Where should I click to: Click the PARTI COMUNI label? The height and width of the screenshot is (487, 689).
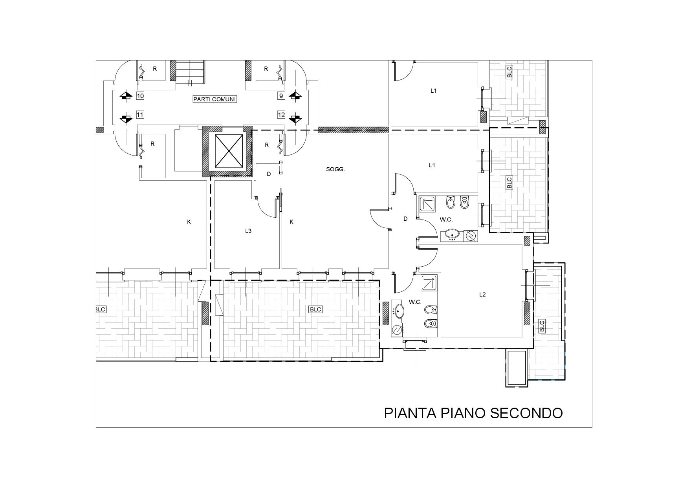(x=214, y=99)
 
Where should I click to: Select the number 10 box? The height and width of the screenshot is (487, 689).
(x=140, y=95)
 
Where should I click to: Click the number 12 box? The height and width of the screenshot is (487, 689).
(x=281, y=115)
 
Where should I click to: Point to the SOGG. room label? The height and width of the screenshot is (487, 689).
(x=335, y=169)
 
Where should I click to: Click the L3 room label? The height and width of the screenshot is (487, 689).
(x=248, y=231)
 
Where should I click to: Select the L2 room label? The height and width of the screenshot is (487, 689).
(x=482, y=295)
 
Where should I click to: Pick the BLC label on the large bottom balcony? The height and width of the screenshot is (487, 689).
(x=315, y=309)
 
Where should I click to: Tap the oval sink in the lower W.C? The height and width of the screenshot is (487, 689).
(x=399, y=311)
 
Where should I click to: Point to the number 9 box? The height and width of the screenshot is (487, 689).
(x=281, y=95)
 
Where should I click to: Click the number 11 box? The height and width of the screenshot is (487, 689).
(x=140, y=115)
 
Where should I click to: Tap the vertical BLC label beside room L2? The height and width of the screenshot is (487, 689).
(x=542, y=326)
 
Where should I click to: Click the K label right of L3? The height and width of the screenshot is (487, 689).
(x=291, y=222)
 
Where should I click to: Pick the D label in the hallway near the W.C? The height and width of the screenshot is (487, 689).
(x=405, y=219)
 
